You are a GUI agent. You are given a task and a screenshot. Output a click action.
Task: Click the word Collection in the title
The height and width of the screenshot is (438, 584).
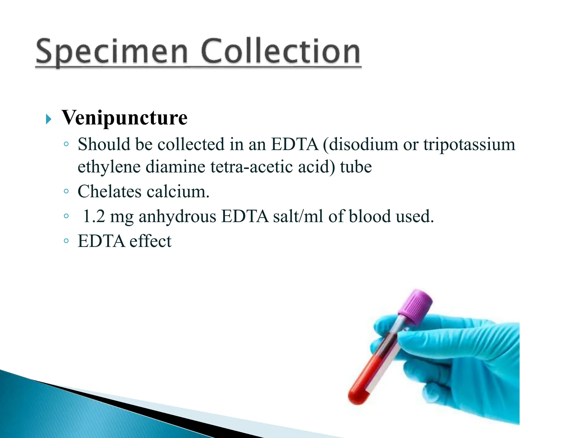click(x=281, y=51)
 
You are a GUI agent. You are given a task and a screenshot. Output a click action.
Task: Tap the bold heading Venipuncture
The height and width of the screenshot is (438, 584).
click(x=125, y=117)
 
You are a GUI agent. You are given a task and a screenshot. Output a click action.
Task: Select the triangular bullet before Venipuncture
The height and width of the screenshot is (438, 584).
click(x=48, y=119)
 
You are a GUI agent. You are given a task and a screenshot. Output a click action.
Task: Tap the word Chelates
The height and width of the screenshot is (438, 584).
click(x=109, y=191)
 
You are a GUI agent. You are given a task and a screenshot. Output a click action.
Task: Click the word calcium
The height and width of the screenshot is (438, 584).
click(x=178, y=191)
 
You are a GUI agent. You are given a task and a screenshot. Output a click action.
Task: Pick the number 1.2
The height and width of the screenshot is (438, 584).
click(x=94, y=216)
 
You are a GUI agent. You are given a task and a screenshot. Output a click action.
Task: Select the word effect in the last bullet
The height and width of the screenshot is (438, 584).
click(x=150, y=241)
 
